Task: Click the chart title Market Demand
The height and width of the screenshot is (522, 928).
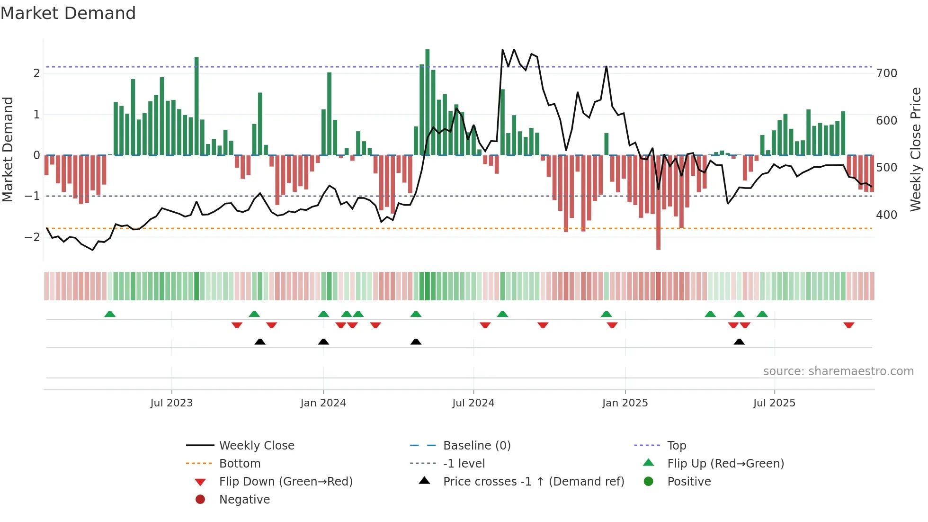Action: click(68, 13)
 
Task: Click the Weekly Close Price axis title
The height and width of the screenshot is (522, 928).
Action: click(916, 149)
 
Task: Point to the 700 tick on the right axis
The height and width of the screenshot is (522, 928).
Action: click(886, 73)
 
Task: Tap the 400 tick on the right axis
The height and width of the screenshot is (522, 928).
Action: click(886, 215)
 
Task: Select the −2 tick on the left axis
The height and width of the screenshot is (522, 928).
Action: click(32, 237)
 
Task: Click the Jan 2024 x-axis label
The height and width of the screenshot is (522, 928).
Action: click(323, 403)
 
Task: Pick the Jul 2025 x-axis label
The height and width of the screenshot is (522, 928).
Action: click(774, 403)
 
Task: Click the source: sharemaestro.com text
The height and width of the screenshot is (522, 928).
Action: click(838, 371)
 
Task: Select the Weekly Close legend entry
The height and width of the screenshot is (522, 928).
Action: click(256, 446)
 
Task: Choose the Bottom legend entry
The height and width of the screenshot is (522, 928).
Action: click(240, 464)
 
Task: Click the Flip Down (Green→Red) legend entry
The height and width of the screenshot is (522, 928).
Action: click(286, 482)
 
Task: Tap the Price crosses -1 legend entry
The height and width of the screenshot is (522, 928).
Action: click(533, 482)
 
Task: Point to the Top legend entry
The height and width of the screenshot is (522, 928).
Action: click(677, 446)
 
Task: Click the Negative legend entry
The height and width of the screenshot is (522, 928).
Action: click(244, 500)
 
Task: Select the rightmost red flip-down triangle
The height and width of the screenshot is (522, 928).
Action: click(848, 325)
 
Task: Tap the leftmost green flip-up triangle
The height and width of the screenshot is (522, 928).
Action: click(110, 314)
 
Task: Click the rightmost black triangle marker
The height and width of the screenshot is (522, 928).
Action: click(739, 342)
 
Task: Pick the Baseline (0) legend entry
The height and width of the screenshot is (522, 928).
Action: click(476, 446)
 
